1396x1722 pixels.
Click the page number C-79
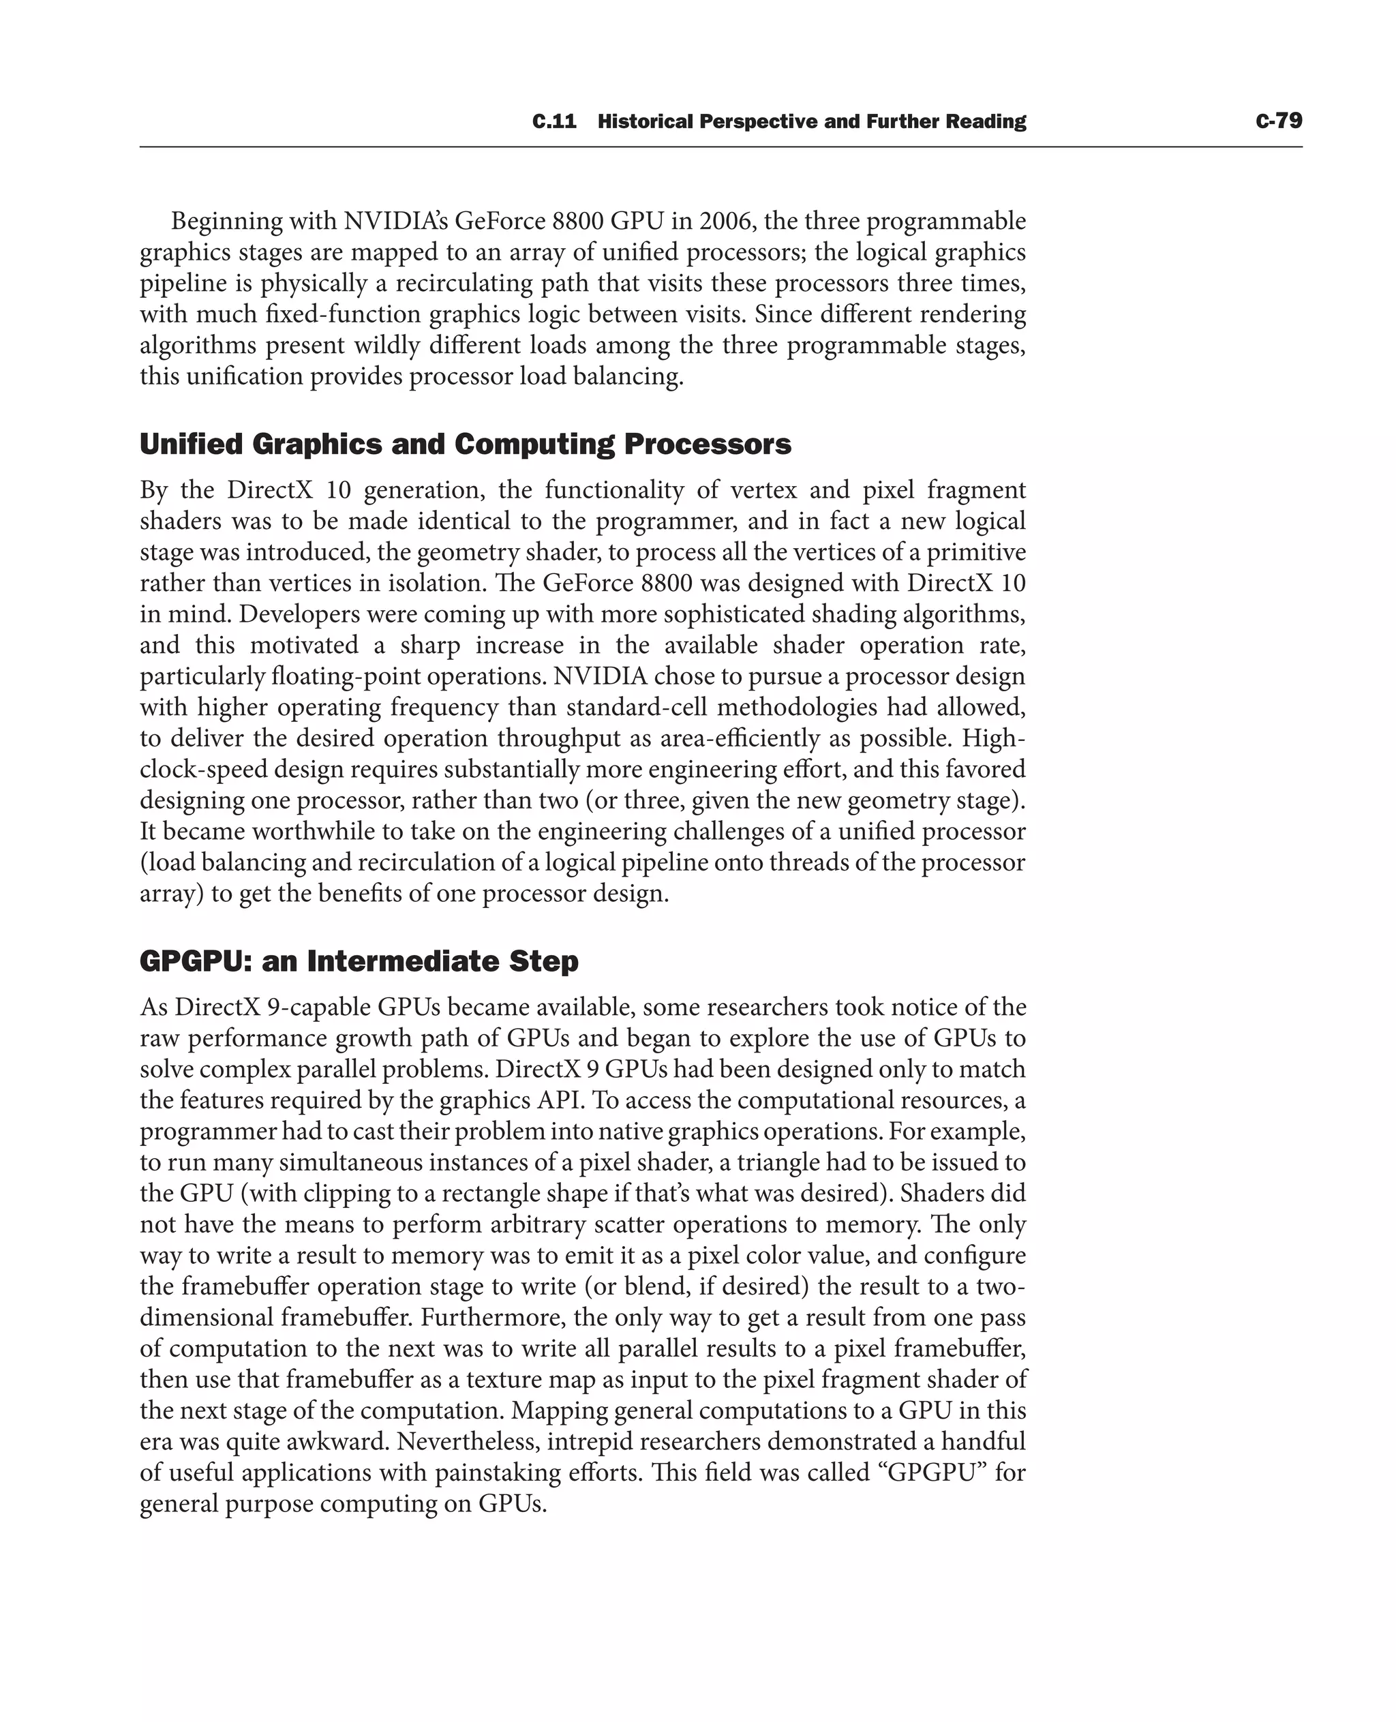pos(1278,121)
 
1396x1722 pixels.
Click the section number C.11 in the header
pos(554,121)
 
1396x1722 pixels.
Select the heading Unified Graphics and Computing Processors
pos(465,444)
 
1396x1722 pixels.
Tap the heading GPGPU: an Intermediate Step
pos(359,961)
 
